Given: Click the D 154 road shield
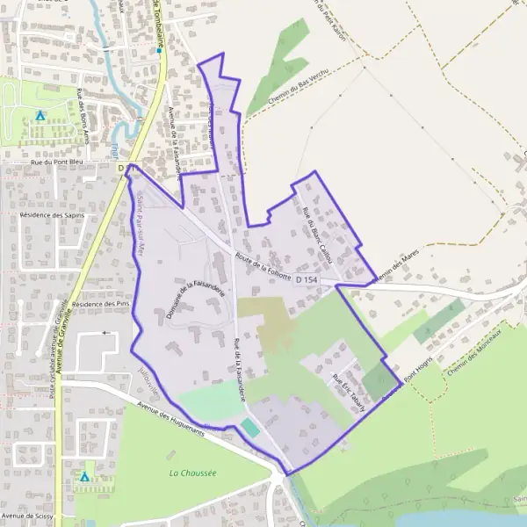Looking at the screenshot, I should coord(306,278).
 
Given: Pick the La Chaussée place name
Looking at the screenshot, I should coord(192,473).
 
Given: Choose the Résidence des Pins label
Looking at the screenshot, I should coord(100,303).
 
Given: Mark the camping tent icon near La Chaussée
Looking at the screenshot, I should coord(85,477).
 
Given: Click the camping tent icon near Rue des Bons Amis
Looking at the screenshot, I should coord(40,115).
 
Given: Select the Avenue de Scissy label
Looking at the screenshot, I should coord(29,516).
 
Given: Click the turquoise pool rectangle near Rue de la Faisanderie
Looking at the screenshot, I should coord(249,428).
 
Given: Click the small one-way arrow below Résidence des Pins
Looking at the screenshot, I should coord(107,333).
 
